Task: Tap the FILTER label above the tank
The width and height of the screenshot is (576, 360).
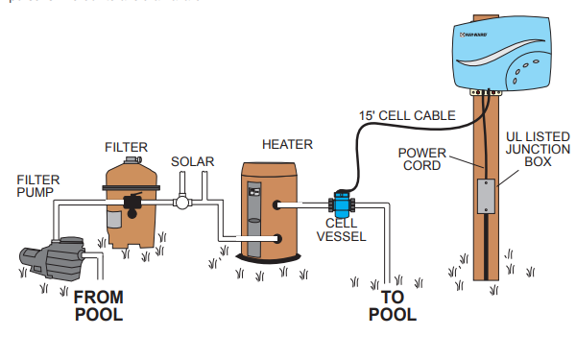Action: click(126, 147)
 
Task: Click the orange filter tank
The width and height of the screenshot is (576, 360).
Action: click(130, 206)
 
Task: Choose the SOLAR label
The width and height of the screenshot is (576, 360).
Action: click(192, 160)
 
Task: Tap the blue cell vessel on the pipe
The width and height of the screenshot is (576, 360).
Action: click(340, 204)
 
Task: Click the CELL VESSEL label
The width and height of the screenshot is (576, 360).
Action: click(343, 229)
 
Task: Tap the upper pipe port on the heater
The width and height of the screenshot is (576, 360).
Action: click(278, 204)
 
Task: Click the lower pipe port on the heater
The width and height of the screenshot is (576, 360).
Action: click(278, 238)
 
